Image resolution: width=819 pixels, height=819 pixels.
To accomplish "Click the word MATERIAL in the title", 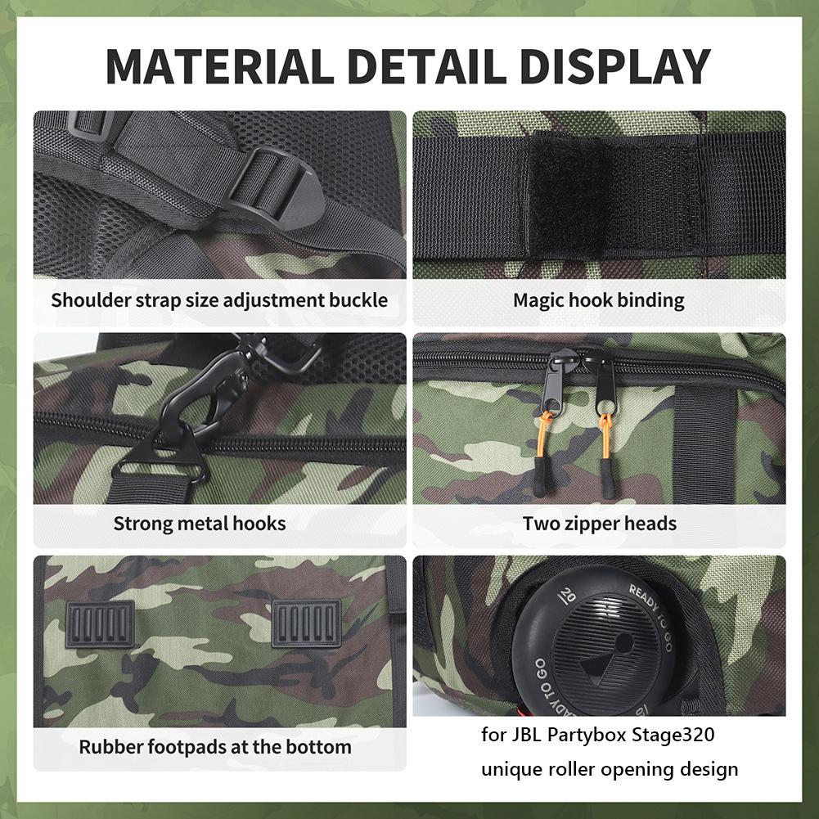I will click(x=214, y=67).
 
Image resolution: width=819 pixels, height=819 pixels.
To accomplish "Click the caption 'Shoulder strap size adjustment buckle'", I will click(x=219, y=299).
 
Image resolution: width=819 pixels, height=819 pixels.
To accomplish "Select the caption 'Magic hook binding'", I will click(x=598, y=299).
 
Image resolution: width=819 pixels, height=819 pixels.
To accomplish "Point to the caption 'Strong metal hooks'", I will click(x=200, y=523).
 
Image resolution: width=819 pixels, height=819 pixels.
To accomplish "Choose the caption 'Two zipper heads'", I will click(x=600, y=523).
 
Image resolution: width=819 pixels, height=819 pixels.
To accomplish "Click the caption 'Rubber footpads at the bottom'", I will click(x=215, y=746).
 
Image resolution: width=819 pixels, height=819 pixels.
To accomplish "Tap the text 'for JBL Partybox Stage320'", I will click(x=598, y=735).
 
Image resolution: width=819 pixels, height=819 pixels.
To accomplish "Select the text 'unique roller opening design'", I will click(x=610, y=769).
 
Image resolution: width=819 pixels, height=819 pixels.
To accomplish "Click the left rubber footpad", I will click(x=100, y=623).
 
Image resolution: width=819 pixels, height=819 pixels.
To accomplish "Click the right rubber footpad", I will click(x=306, y=623).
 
